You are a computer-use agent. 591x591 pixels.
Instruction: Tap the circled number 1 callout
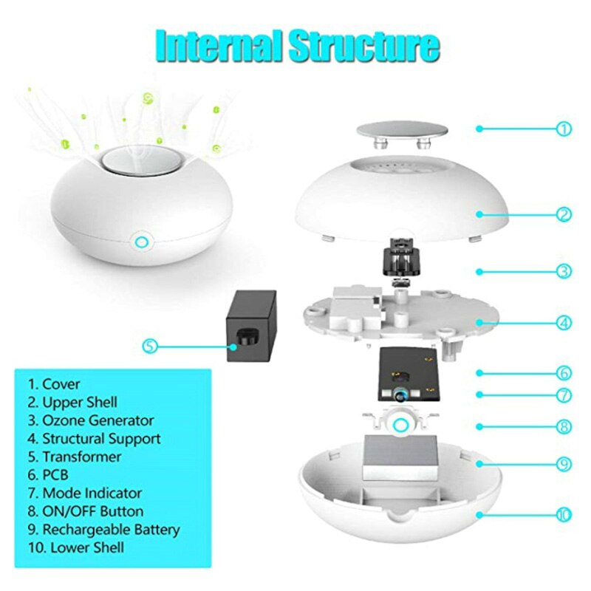(564, 129)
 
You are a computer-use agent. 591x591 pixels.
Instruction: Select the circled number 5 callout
(151, 345)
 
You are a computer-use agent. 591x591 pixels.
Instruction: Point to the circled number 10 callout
(564, 515)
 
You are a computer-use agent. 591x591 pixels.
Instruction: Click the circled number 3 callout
(564, 271)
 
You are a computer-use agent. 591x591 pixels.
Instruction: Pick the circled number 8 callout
(564, 426)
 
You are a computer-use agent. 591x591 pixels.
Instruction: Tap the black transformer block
(252, 325)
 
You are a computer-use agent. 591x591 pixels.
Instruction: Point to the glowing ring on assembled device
(140, 240)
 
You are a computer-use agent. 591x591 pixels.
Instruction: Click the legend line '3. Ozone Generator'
(91, 420)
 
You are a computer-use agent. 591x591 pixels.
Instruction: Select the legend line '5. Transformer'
(75, 457)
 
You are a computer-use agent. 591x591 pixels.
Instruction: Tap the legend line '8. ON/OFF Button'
(86, 511)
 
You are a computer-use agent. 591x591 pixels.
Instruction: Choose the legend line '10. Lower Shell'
(76, 547)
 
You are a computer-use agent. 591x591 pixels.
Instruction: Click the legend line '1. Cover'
(54, 384)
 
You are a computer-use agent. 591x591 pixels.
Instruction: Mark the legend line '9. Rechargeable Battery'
(104, 530)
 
